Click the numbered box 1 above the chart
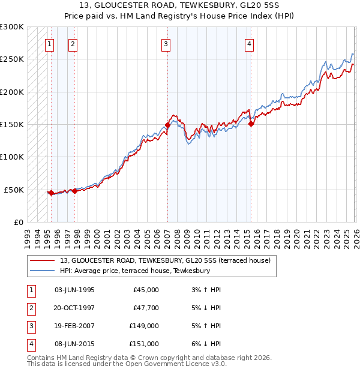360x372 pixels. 49,43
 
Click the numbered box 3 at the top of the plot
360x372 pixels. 165,43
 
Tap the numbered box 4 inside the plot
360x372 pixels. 248,43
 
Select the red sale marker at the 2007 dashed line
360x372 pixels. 167,125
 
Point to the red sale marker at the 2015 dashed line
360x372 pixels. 251,124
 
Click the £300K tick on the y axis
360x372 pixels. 12,27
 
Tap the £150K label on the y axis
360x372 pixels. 12,124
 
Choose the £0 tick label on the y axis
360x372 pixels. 17,222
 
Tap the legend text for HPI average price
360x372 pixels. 134,271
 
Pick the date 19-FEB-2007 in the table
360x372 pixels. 74,327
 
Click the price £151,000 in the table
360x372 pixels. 144,344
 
